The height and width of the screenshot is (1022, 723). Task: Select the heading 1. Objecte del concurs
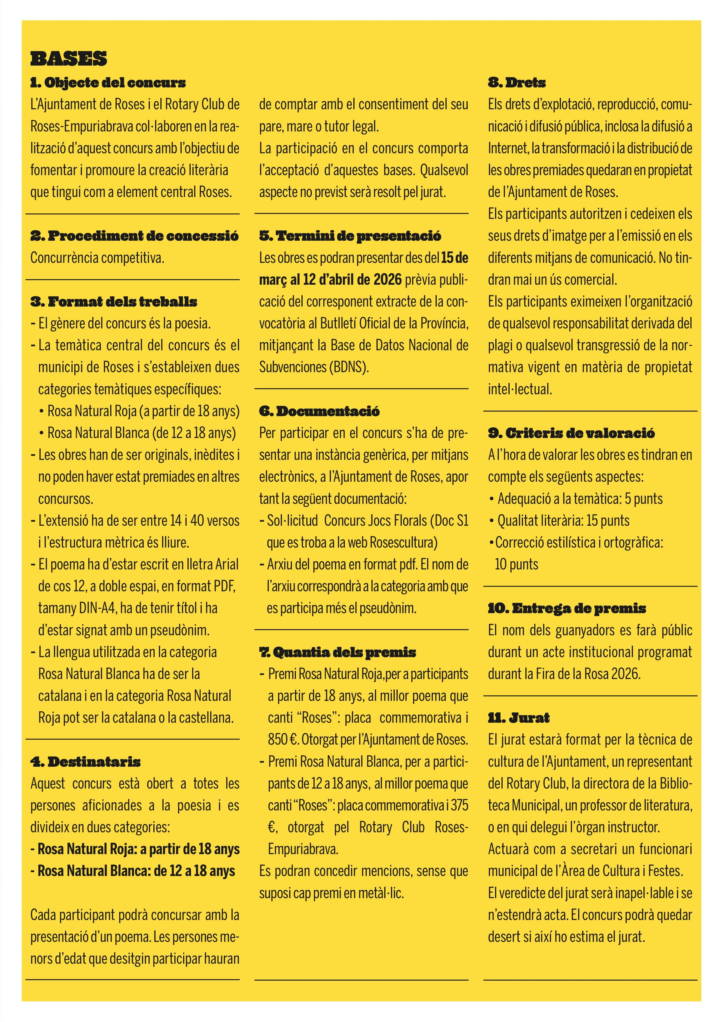coord(108,83)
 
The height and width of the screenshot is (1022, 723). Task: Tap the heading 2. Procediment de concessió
coord(134,236)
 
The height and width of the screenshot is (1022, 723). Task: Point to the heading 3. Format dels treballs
coord(113,302)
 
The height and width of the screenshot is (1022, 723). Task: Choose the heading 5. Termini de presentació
coord(350,236)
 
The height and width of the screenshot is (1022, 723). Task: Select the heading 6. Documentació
coord(319,411)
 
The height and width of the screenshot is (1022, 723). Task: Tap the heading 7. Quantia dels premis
coord(338,652)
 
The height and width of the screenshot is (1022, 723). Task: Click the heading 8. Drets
coord(516,83)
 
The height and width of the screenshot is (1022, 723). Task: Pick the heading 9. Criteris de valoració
coord(571,433)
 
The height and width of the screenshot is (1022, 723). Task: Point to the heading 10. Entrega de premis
coord(567,608)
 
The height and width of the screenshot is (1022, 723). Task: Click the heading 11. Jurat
coord(519,718)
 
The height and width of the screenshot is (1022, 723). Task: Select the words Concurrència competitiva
coord(97,258)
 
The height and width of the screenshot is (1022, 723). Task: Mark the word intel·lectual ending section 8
coord(520,390)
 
